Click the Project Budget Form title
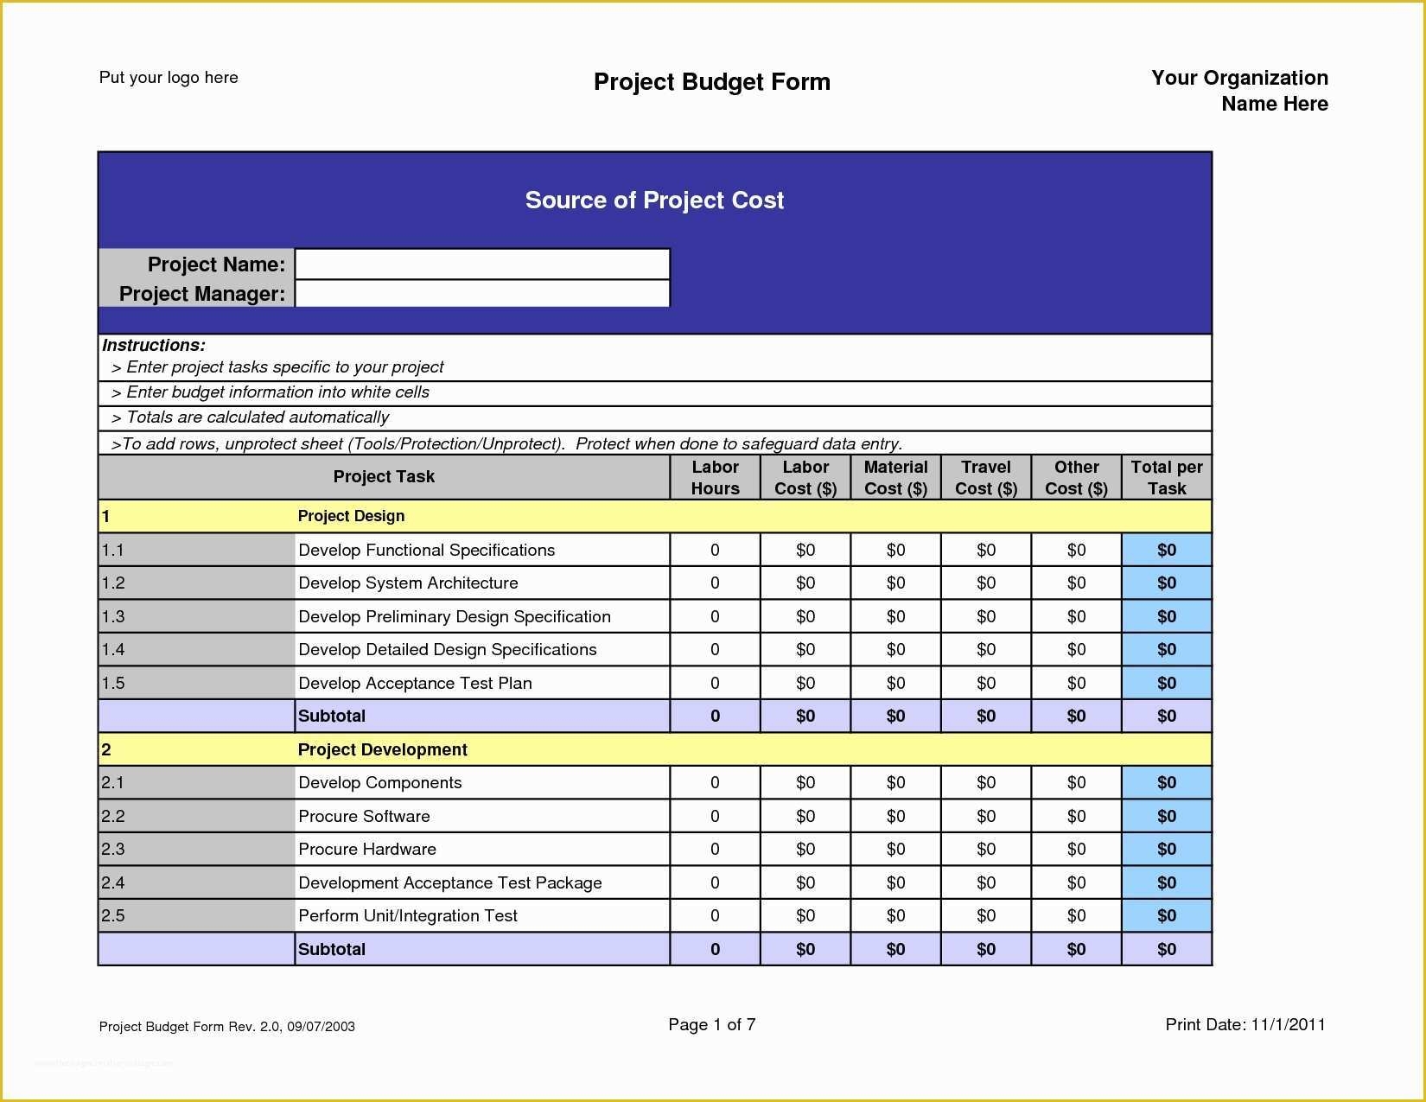(711, 82)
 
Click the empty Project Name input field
(482, 264)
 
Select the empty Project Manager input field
(482, 294)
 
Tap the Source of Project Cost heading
(654, 201)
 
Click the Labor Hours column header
(715, 477)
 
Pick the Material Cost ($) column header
(895, 477)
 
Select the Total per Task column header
(1166, 477)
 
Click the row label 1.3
(113, 616)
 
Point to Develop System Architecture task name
(408, 583)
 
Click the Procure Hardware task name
(367, 850)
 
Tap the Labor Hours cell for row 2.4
(715, 882)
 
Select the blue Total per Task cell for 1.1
(1166, 550)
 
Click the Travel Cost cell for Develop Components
(985, 783)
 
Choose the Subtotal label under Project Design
(332, 717)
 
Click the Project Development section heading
(382, 749)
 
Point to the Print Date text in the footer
(1245, 1025)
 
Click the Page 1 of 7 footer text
(711, 1025)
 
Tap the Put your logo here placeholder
(169, 78)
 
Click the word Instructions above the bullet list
(154, 345)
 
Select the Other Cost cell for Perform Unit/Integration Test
(1076, 916)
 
